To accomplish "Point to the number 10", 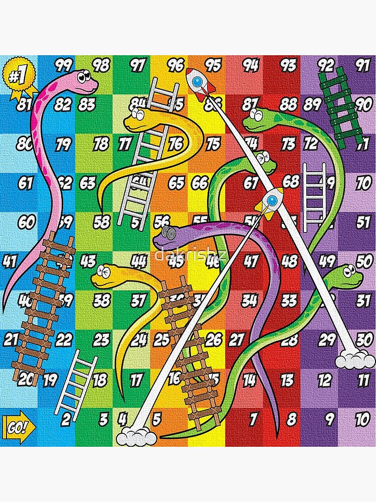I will pos(361,418).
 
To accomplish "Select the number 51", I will pos(363,221).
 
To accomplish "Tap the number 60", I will pos(26,221).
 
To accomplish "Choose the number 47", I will pos(250,261).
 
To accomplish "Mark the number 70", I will pos(363,183).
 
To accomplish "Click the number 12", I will pos(324,380).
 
